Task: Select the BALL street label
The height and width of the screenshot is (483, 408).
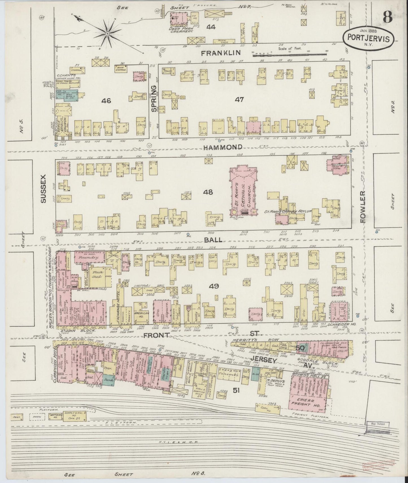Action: click(x=215, y=240)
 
